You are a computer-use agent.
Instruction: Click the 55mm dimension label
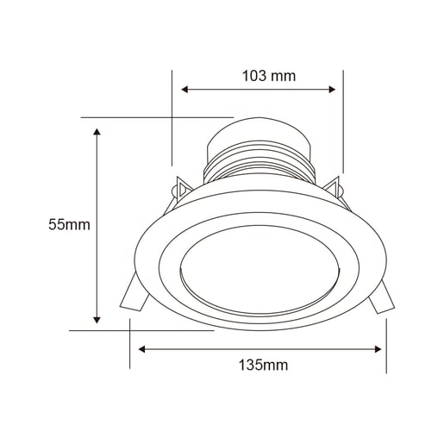point(69,225)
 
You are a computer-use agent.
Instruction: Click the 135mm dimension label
point(263,365)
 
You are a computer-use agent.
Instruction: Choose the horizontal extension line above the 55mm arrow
point(156,116)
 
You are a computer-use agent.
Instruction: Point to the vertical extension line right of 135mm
point(386,345)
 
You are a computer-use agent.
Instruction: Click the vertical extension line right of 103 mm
point(343,121)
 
